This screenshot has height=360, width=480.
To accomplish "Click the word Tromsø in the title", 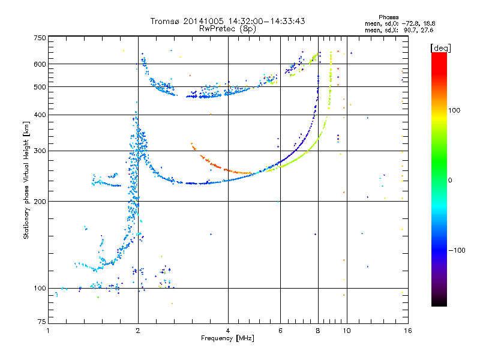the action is [x=166, y=21].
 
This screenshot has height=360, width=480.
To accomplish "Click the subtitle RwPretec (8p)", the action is [x=227, y=29].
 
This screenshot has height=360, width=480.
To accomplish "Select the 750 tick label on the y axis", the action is [x=40, y=38].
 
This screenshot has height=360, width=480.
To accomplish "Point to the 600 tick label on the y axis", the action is [x=40, y=64].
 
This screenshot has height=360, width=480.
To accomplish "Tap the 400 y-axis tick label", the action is [x=40, y=115].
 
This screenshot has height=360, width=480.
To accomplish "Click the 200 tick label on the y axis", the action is [x=40, y=202].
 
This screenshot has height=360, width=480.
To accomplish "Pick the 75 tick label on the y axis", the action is [x=42, y=322].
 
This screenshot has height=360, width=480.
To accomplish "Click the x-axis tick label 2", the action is [x=138, y=331].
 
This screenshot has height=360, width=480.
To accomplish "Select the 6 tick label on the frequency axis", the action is [x=280, y=331].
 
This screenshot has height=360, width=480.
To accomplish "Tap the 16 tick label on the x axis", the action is [x=408, y=331].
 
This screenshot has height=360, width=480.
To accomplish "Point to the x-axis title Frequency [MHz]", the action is [x=227, y=338].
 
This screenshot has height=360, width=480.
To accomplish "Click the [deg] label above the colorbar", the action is [x=440, y=48].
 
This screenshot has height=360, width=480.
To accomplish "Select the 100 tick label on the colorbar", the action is [x=454, y=110].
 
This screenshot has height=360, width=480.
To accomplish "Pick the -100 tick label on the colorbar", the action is [x=457, y=250].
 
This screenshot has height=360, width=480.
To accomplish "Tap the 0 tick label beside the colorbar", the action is [x=450, y=181].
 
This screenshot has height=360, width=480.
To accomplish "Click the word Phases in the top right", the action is [x=388, y=17].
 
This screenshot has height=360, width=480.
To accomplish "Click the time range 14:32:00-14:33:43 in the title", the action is [x=266, y=21].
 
